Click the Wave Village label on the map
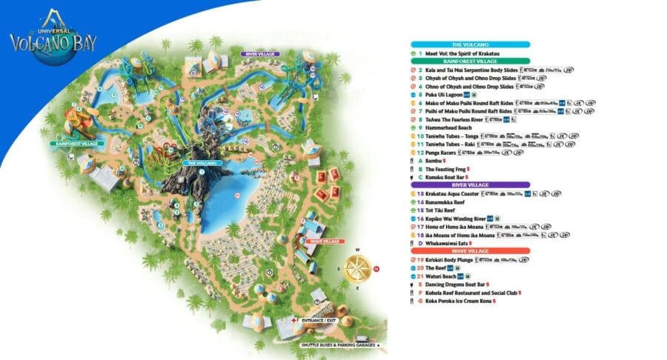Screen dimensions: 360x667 (322, 241)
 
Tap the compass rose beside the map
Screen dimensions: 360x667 (360, 268)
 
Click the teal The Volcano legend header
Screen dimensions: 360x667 (471, 44)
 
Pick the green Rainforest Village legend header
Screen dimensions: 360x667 (471, 61)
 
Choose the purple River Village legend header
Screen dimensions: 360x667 (471, 185)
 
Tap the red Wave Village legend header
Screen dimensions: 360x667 (471, 251)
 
